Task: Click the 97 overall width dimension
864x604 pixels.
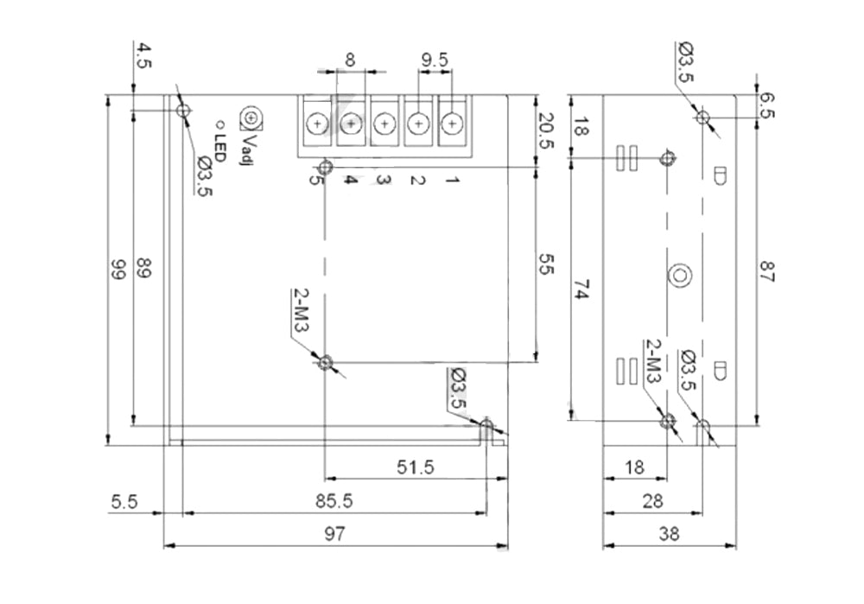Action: [335, 535]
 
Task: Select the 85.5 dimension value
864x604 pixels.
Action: [334, 500]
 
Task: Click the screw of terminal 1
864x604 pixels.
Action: [451, 124]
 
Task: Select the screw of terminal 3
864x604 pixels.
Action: [384, 124]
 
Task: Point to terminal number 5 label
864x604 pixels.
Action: [315, 181]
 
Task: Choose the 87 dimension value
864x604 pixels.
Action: [768, 271]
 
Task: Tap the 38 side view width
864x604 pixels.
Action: [669, 535]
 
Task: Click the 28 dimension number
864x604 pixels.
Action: [652, 501]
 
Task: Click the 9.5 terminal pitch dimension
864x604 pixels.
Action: [435, 60]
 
